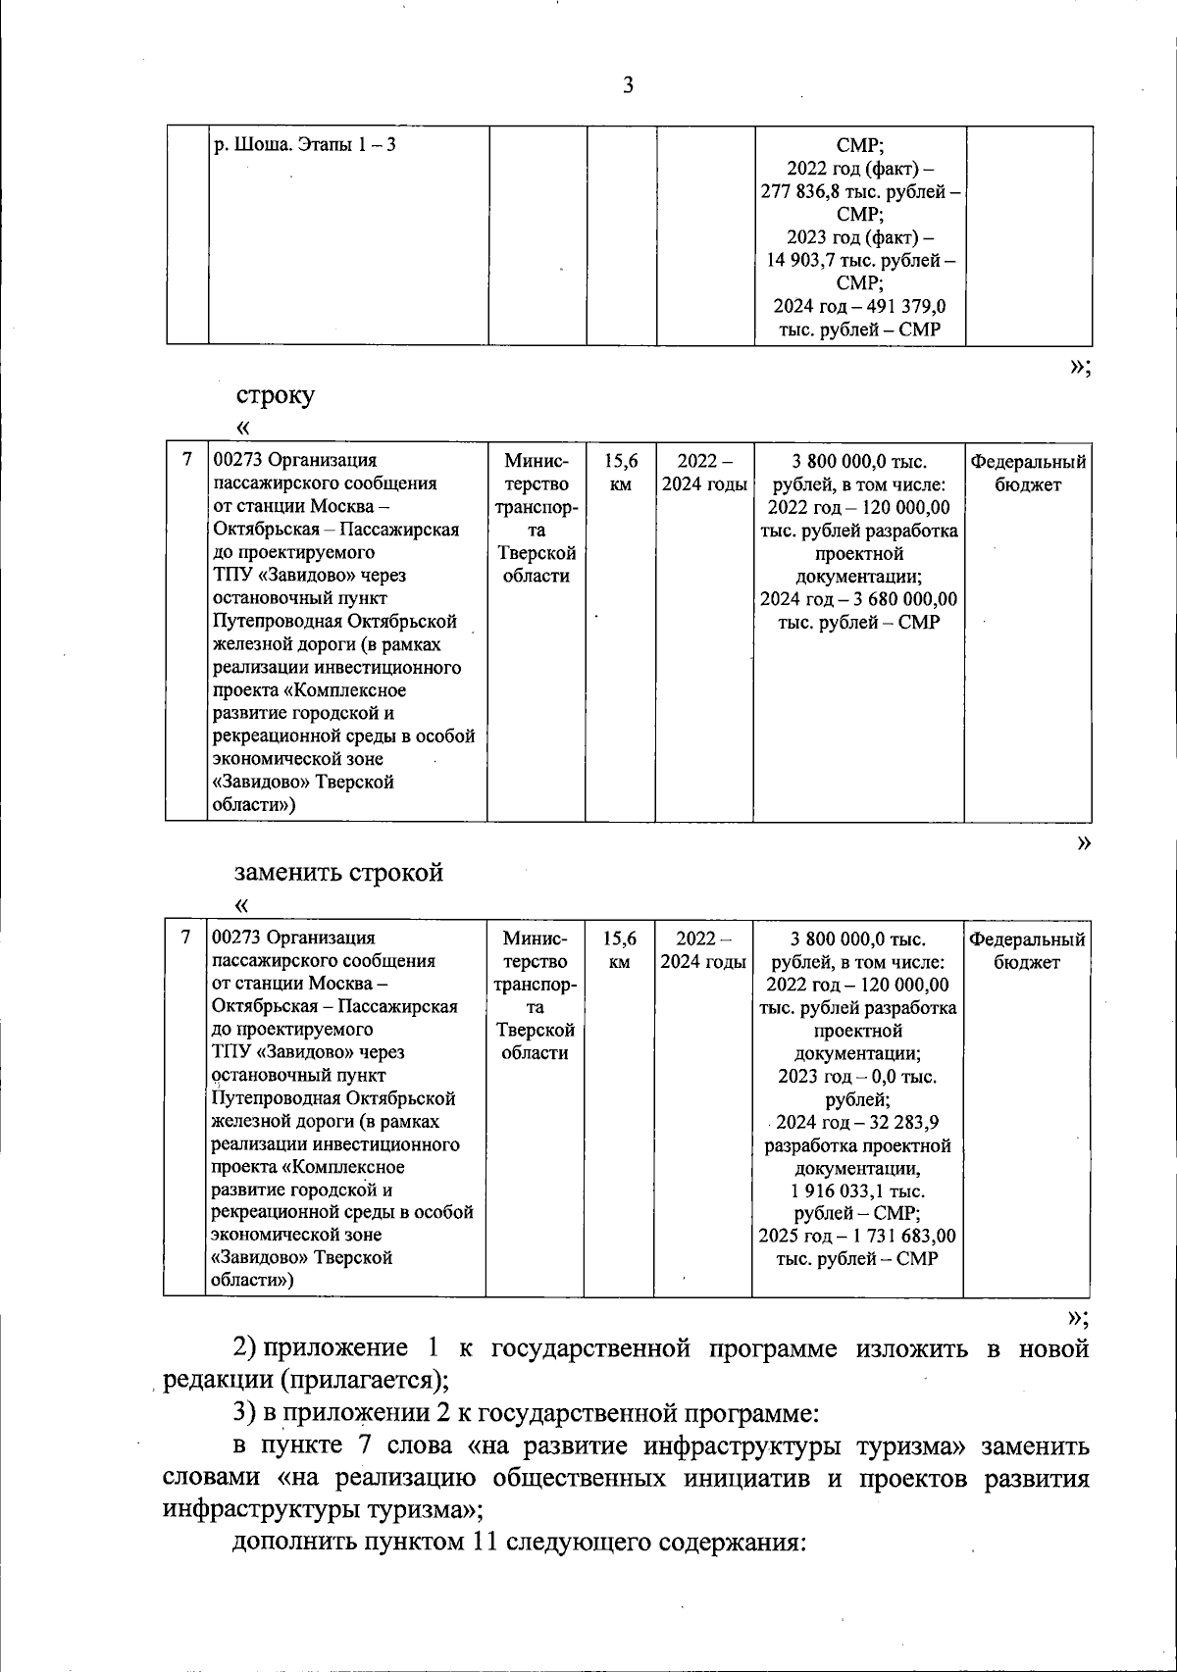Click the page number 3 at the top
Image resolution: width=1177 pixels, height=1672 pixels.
tap(628, 86)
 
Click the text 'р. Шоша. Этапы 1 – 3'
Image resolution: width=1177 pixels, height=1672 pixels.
tap(304, 146)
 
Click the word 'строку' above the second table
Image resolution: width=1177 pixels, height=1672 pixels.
tap(276, 396)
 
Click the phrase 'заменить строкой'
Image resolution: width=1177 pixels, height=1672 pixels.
tap(339, 872)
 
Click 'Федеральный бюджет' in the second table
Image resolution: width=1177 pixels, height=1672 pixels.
tap(1027, 473)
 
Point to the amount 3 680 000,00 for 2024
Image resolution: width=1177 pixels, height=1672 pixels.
tap(900, 599)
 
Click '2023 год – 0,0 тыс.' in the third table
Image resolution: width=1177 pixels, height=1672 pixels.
tap(856, 1077)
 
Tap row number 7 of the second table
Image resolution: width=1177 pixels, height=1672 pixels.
tap(186, 460)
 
